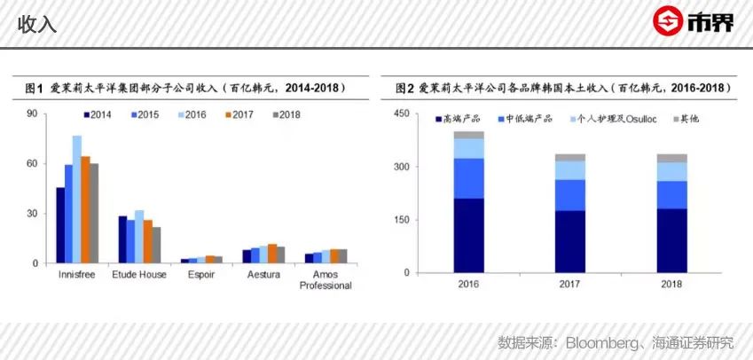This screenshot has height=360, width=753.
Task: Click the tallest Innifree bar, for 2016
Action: [x=77, y=200]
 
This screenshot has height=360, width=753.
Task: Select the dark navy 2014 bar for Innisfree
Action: [x=60, y=225]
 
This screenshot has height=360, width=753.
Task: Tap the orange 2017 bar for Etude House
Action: [x=148, y=241]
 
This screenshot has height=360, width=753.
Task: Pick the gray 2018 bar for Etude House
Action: [x=156, y=245]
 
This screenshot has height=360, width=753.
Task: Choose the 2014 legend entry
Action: [x=103, y=114]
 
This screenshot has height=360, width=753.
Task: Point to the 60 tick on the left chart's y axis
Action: [x=32, y=163]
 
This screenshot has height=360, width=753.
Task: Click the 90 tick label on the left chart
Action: [x=32, y=113]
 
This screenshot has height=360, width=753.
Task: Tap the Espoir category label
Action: [x=200, y=275]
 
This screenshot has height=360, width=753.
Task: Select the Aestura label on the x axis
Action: [x=263, y=275]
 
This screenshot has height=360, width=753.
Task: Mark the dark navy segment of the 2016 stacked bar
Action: [x=469, y=235]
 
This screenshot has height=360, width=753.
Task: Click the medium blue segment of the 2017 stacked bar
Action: [x=571, y=194]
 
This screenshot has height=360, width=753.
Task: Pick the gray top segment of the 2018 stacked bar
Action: [x=672, y=158]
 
